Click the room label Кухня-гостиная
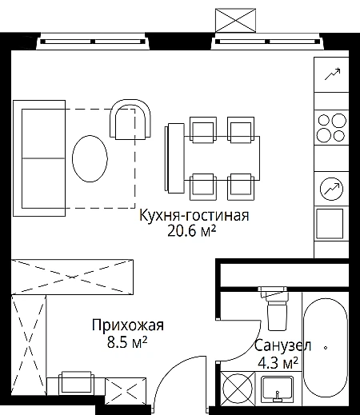194,216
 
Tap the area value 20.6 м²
191,231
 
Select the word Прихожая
128,325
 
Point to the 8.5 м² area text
127,342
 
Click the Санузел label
282,345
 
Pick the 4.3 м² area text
278,363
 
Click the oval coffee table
90,159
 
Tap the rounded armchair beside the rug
130,119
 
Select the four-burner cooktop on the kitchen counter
332,127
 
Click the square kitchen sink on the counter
330,223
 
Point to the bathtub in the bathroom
326,348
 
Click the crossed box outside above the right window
235,20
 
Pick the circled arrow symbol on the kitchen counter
331,189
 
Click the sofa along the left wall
39,158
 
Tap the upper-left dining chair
203,129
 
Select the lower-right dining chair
241,187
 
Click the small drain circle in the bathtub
326,348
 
